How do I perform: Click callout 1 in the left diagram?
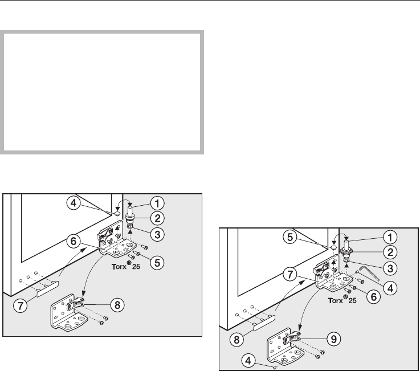pyautogui.click(x=158, y=201)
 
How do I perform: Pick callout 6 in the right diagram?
pyautogui.click(x=373, y=297)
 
